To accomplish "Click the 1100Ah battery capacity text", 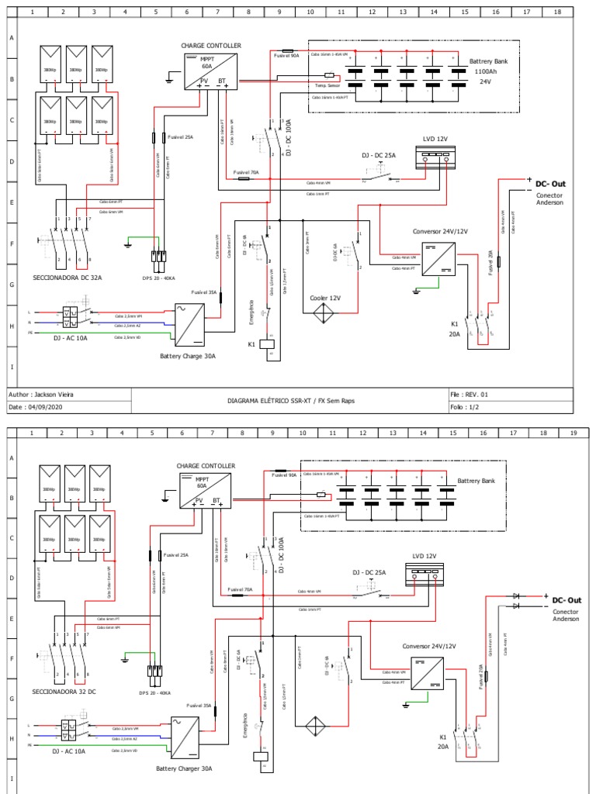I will [x=486, y=71].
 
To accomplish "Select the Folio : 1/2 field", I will [x=466, y=406].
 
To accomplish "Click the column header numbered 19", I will [x=573, y=433].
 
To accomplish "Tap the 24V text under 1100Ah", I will [x=486, y=81].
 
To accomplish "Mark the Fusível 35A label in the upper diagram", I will [x=204, y=292].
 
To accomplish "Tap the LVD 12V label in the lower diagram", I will [x=420, y=556].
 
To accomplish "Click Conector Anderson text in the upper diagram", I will [x=549, y=199].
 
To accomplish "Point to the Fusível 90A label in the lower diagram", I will [x=284, y=477].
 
